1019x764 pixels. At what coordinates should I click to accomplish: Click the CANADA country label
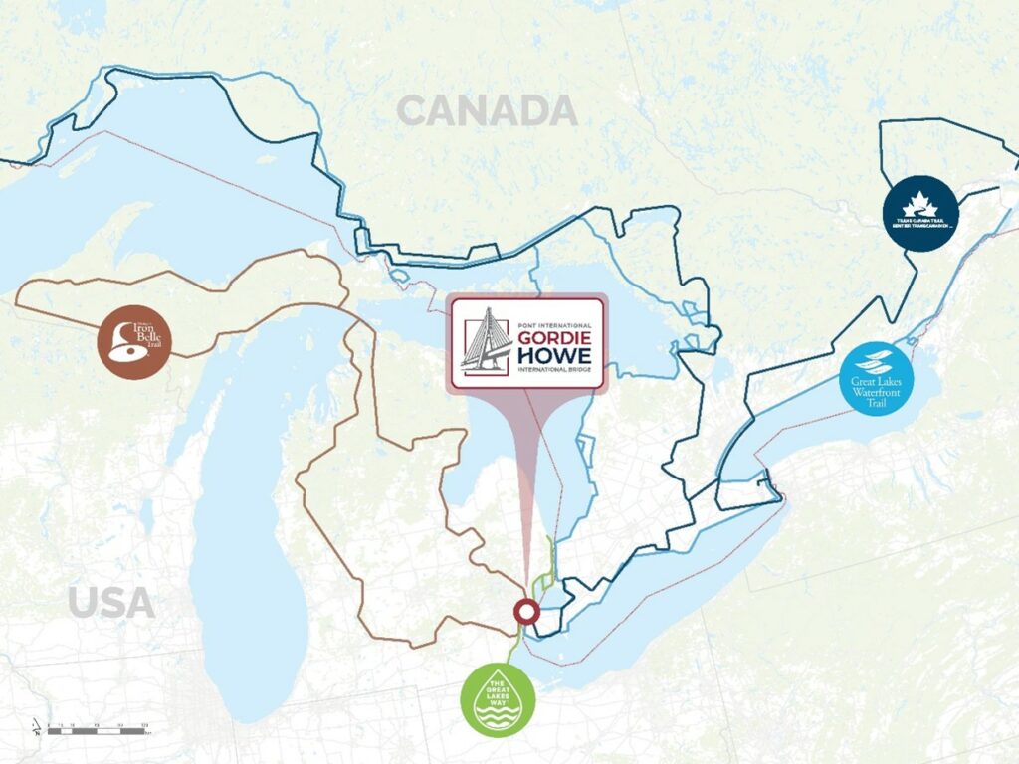click(487, 110)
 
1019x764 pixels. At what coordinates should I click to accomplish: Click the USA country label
click(111, 602)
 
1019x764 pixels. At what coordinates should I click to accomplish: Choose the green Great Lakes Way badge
click(498, 700)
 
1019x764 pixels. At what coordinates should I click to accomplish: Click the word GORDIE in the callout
click(555, 336)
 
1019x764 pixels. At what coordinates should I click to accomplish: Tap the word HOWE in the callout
click(555, 356)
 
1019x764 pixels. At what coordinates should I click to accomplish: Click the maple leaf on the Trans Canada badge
click(920, 202)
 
